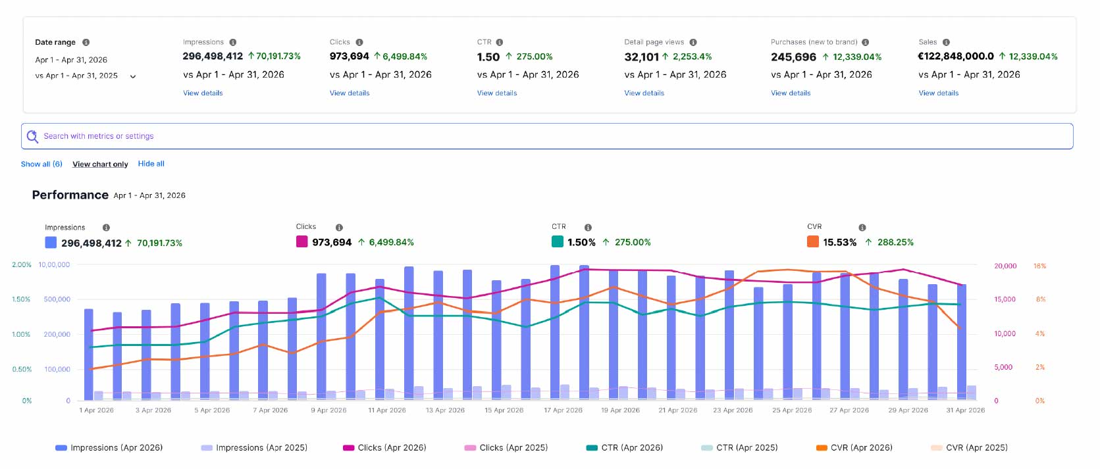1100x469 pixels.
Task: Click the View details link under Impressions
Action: pyautogui.click(x=203, y=93)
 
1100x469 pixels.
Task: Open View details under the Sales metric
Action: pyautogui.click(x=939, y=93)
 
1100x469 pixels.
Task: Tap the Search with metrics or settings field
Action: pyautogui.click(x=547, y=136)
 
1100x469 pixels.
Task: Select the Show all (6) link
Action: pyautogui.click(x=41, y=164)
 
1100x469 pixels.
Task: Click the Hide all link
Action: pyautogui.click(x=151, y=163)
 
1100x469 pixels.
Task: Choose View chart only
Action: pyautogui.click(x=100, y=164)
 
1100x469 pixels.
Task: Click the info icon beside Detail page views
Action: pyautogui.click(x=693, y=42)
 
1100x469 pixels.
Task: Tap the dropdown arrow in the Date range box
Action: pyautogui.click(x=132, y=76)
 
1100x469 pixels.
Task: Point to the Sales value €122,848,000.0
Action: pyautogui.click(x=956, y=57)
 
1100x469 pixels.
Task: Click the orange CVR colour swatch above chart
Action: pyautogui.click(x=813, y=241)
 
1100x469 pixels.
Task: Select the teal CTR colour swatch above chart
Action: pyautogui.click(x=558, y=241)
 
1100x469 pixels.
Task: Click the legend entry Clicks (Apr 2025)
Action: pyautogui.click(x=506, y=447)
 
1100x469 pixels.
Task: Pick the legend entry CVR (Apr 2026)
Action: pyautogui.click(x=854, y=447)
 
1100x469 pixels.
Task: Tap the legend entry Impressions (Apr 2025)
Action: pyautogui.click(x=254, y=447)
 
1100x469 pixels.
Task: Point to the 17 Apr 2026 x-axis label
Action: pyautogui.click(x=563, y=410)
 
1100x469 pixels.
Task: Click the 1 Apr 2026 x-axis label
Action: pyautogui.click(x=96, y=410)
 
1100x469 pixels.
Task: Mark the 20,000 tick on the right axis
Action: pyautogui.click(x=1005, y=266)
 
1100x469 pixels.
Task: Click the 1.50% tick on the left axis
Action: pyautogui.click(x=21, y=299)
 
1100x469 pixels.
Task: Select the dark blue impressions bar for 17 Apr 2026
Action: pyautogui.click(x=555, y=332)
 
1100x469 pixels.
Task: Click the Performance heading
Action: pyautogui.click(x=70, y=195)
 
